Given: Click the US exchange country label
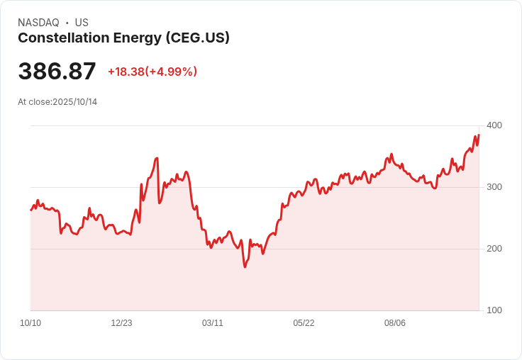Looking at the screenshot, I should coord(82,23).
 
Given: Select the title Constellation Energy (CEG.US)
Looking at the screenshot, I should coord(123,38).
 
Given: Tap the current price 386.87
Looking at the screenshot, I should coord(57,72).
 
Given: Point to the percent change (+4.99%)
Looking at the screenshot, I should coord(171,72).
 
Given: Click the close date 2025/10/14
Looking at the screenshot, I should coord(74,102).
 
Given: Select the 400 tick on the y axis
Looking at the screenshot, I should coord(494,125).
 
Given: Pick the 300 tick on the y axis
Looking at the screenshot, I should coord(494,187).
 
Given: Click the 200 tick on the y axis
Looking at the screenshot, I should coord(494,249).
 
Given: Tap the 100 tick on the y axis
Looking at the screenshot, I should coord(494,310).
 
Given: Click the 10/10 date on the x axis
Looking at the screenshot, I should coord(30,323).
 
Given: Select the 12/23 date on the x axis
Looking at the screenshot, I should coord(121,323).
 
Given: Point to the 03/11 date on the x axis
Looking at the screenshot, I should coord(213,323).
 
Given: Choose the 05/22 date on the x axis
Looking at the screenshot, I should coord(304,323).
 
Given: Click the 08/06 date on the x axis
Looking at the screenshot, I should coord(395,323).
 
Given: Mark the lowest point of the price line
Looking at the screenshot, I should coord(245,267).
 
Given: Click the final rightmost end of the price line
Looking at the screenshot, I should coord(479,135).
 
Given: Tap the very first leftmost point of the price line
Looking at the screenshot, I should coord(30,210).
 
